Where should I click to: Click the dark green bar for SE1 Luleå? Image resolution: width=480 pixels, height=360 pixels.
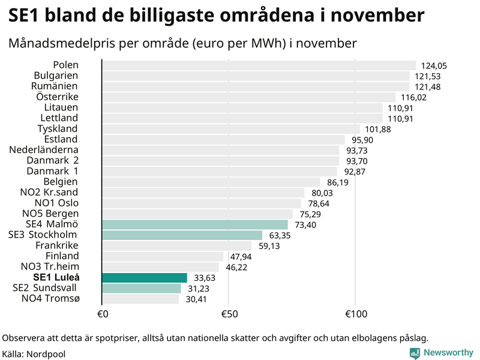pos(145,277)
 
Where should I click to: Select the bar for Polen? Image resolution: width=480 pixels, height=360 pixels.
pos(259,65)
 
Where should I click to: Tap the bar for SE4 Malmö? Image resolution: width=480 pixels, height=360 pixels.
pos(195,224)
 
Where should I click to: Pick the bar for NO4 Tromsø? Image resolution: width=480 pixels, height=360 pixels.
pos(140,298)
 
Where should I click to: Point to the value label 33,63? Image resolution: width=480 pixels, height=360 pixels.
pos(203,278)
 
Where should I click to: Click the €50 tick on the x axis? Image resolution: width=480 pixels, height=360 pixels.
pos(228,314)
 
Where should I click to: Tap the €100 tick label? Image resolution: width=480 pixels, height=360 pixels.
pos(355,314)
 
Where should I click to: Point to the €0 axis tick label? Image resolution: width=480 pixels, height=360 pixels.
pos(102,314)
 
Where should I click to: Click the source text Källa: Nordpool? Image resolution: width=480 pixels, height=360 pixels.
pos(34,354)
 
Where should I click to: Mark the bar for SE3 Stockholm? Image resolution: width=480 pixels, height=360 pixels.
pos(182,235)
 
